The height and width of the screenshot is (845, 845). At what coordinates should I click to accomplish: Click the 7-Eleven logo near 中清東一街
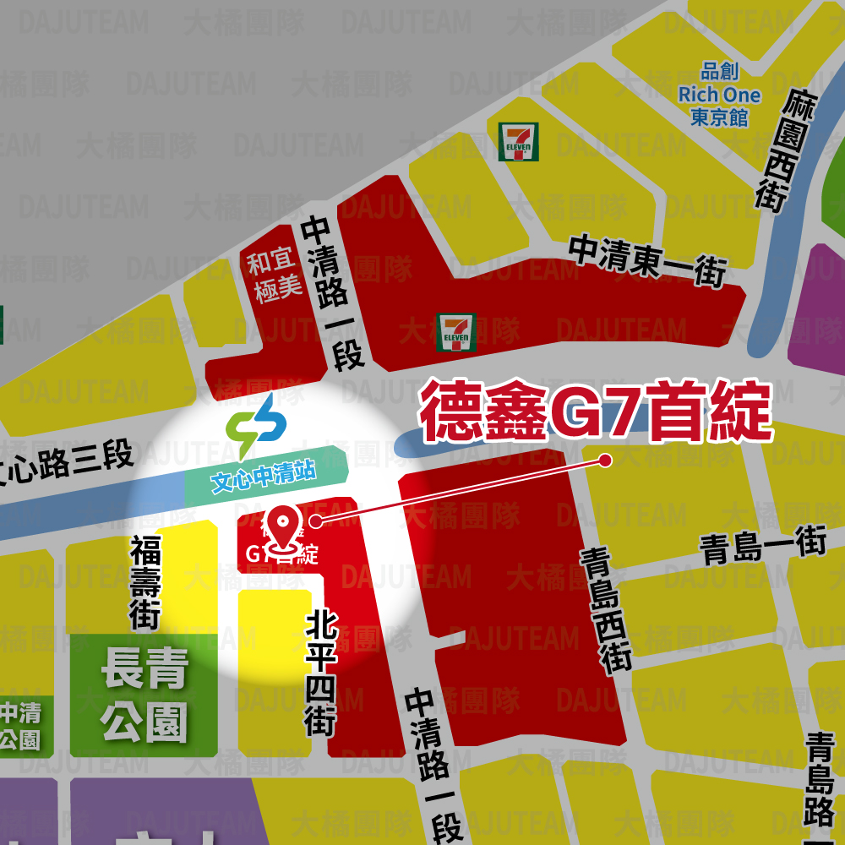(455, 331)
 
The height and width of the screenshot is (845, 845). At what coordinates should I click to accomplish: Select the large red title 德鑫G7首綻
(596, 413)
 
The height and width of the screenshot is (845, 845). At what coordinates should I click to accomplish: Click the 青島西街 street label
(607, 609)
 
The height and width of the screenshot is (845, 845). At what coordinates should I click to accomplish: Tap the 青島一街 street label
(762, 546)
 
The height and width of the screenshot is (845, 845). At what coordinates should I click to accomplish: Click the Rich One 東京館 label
(719, 94)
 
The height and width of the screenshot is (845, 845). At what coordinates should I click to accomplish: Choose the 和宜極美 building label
(273, 275)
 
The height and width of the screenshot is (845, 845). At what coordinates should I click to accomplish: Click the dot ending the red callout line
(605, 460)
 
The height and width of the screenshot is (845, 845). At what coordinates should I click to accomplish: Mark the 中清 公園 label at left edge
(19, 726)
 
